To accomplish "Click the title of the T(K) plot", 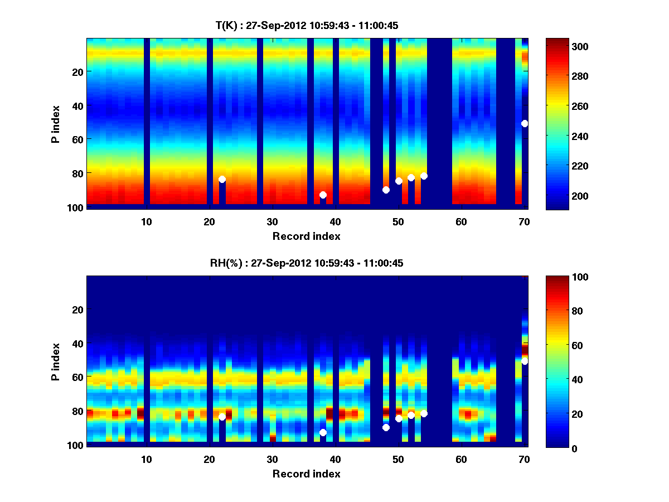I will coord(307,25).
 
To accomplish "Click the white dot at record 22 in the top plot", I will coord(222,179).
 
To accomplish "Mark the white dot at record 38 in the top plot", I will coord(323,195).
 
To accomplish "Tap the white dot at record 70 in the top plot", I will coord(525,123).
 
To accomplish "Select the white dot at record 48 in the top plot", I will coord(386,190).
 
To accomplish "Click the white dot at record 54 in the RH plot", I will coord(424,413).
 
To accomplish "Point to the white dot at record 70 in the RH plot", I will coord(525,361).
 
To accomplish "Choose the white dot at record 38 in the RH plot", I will coord(323,432).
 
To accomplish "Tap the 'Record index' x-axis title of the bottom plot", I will coord(306,474).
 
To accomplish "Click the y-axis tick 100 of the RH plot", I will coord(76,445).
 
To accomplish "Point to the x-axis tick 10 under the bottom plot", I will coord(146,459).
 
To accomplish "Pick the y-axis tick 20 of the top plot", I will coord(77,71).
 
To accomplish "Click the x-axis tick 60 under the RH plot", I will coord(461,459).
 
